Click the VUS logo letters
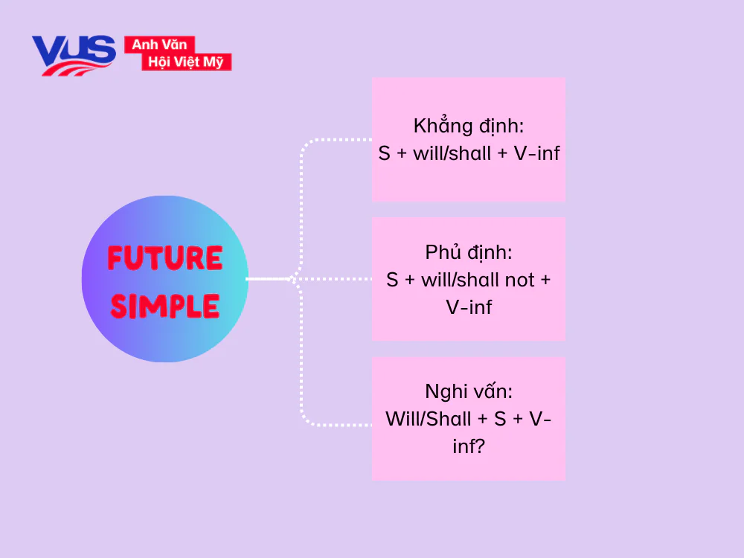(x=73, y=52)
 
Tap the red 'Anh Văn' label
(x=159, y=45)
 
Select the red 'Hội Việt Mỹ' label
(x=186, y=62)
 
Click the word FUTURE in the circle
(x=164, y=258)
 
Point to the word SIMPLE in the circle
(x=164, y=306)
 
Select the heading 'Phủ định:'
(x=469, y=252)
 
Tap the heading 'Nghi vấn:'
(x=469, y=391)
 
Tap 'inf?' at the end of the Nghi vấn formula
(x=469, y=447)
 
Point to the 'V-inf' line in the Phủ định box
(x=469, y=307)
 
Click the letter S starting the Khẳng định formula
(x=384, y=153)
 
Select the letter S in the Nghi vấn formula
(x=500, y=419)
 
